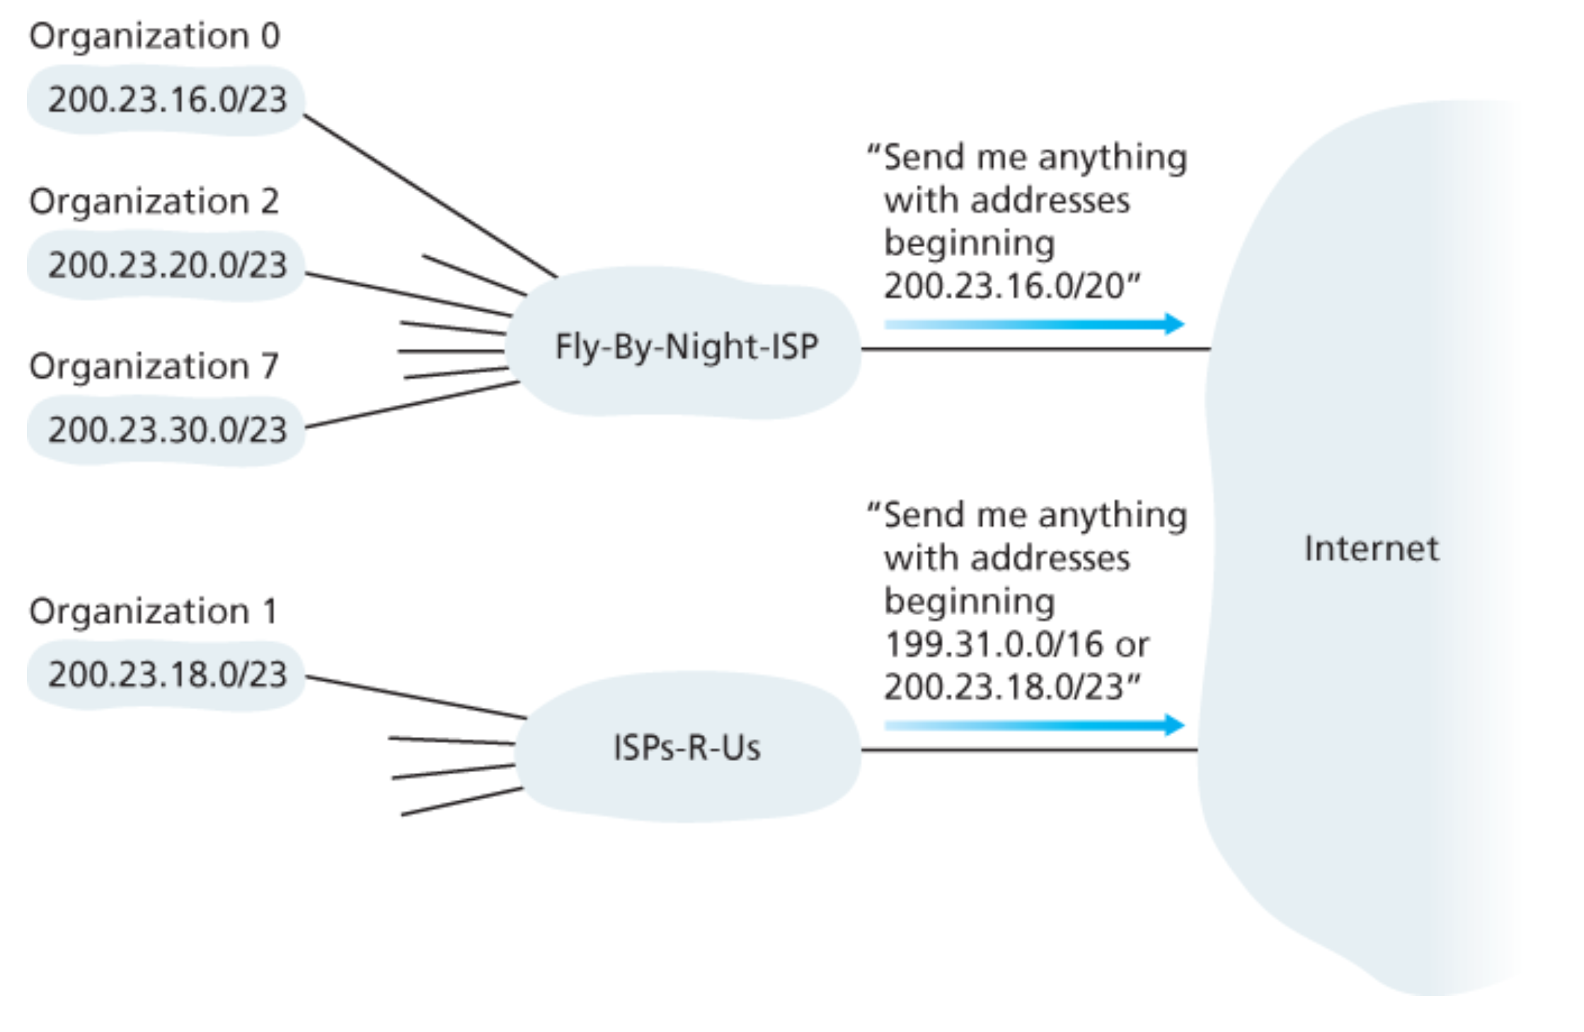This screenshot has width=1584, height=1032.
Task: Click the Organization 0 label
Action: pos(154,36)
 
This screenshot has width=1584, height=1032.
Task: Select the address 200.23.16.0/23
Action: pos(167,100)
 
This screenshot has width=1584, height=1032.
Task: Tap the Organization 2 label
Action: pos(154,202)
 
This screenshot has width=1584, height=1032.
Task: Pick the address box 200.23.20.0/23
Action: pos(167,265)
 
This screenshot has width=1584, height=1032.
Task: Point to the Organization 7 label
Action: pos(154,367)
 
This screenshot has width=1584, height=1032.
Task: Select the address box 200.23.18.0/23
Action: pos(167,675)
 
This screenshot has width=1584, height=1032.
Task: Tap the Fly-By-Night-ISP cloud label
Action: pos(687,347)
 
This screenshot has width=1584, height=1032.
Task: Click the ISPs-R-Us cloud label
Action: pos(687,747)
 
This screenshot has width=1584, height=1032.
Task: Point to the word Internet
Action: pos(1371,549)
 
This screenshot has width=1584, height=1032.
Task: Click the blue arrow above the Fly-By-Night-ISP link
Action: pos(1033,324)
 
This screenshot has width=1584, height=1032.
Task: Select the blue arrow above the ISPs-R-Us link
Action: pos(1033,725)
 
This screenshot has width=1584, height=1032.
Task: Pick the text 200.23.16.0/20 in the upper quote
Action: pos(1004,287)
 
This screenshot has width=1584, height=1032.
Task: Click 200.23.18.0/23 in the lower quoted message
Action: pos(1004,687)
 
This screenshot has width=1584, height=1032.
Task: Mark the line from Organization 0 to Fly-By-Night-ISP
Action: pos(430,196)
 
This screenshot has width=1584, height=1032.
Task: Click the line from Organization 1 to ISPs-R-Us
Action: pos(416,697)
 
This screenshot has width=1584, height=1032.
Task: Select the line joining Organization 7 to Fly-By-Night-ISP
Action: pos(412,405)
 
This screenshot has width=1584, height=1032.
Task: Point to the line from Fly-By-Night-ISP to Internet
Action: pos(1035,349)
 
